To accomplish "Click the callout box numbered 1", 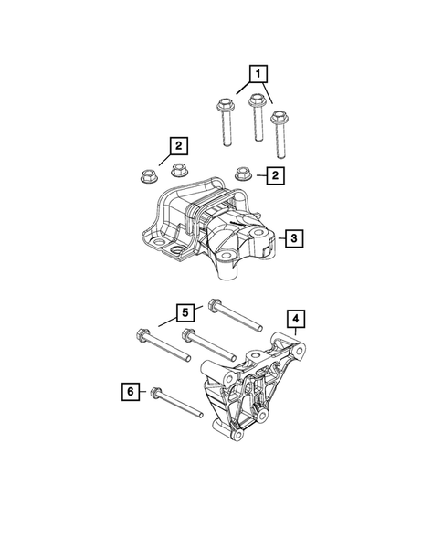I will coord(259,72).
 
